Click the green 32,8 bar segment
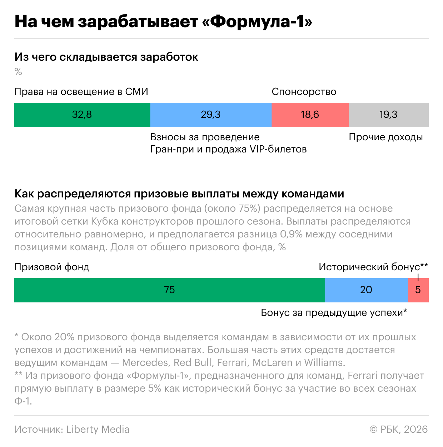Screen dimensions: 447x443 (x=82, y=115)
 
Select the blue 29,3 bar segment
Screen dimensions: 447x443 (x=211, y=115)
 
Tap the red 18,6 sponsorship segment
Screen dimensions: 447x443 (x=310, y=115)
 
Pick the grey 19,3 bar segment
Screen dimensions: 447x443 (x=388, y=115)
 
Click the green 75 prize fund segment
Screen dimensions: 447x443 (x=169, y=290)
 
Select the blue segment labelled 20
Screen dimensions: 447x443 (x=366, y=290)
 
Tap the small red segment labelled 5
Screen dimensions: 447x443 (x=418, y=290)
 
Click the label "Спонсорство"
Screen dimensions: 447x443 (x=304, y=92)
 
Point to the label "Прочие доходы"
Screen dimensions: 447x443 (x=385, y=137)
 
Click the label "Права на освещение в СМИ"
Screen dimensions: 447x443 (x=81, y=92)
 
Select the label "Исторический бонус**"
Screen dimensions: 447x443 (x=373, y=267)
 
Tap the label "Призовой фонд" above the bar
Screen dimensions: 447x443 (x=52, y=267)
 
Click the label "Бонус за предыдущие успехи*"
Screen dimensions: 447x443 (x=334, y=313)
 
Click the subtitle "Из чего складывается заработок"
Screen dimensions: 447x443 (x=106, y=57)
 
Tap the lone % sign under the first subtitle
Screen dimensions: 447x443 (x=18, y=72)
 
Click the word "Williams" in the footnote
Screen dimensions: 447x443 (x=324, y=363)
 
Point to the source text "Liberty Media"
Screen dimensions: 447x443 (x=98, y=429)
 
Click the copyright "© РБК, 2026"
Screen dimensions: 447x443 (x=398, y=429)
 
